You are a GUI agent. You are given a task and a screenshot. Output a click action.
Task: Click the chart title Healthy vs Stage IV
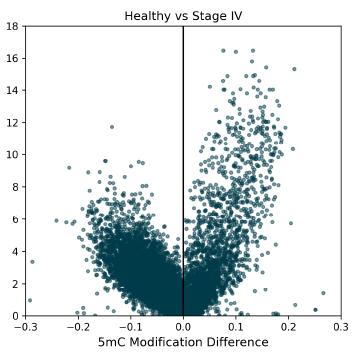[x=182, y=15]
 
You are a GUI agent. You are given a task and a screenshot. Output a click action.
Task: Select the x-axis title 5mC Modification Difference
[x=182, y=343]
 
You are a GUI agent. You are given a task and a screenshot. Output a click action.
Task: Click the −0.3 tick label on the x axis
[x=25, y=326]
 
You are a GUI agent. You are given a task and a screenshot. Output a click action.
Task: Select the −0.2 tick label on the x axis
[x=77, y=326]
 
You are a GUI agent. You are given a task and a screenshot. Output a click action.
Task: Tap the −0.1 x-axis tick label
[x=129, y=326]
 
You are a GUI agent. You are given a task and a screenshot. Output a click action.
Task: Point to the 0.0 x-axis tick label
[x=183, y=326]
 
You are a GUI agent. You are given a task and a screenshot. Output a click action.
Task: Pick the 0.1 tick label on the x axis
[x=235, y=326]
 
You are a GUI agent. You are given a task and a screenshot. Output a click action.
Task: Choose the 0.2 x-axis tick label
[x=288, y=326]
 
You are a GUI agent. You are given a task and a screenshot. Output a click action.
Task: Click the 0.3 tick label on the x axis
[x=340, y=326]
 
